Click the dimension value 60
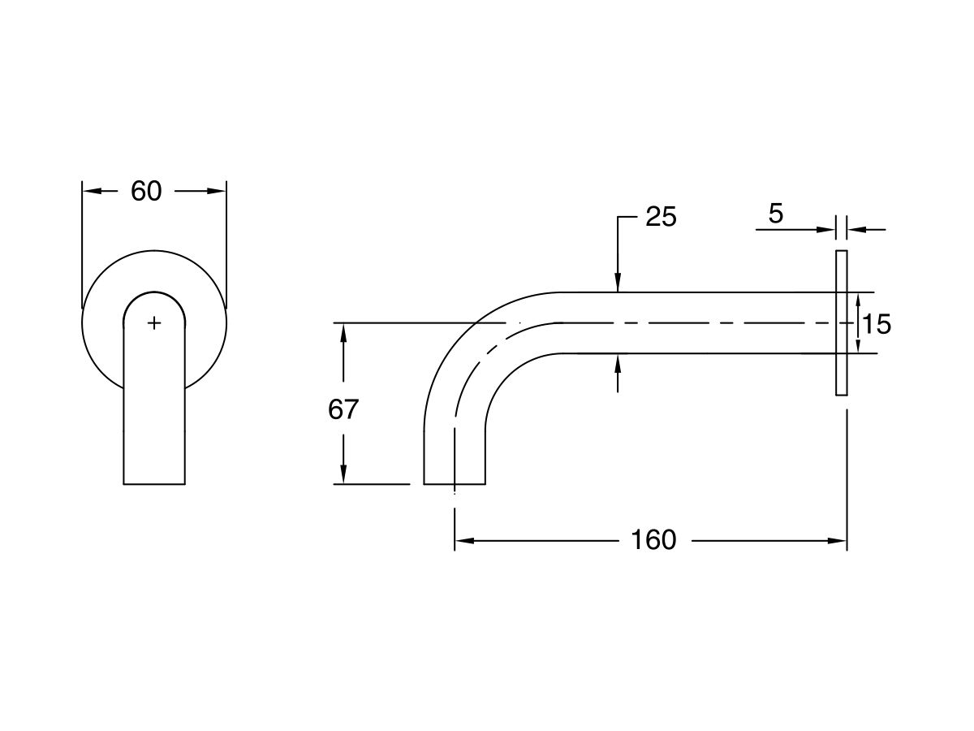tap(146, 192)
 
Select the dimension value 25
tap(661, 217)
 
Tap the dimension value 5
tap(776, 214)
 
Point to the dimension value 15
tap(877, 324)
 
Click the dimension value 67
tap(343, 410)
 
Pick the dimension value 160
tap(653, 540)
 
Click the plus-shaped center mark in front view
tap(154, 323)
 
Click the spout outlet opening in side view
tap(455, 483)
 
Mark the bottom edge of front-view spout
tap(154, 484)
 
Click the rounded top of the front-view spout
tap(154, 294)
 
